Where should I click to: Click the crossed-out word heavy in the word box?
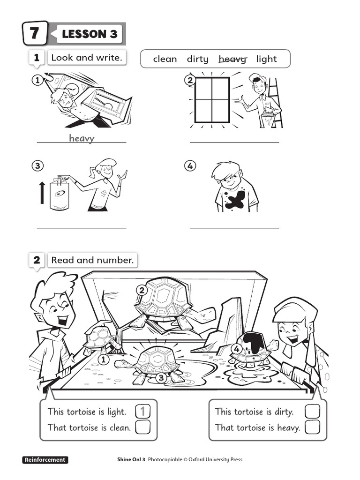(x=232, y=59)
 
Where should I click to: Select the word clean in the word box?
(x=165, y=59)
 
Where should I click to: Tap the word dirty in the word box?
(x=197, y=59)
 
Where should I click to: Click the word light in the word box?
(x=266, y=59)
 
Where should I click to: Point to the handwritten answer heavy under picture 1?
(x=82, y=138)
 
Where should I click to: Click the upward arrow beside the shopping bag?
(x=42, y=193)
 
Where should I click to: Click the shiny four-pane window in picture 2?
(x=212, y=100)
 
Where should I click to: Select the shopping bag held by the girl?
(x=60, y=195)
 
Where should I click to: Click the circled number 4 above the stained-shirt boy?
(x=189, y=166)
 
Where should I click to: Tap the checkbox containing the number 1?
(x=143, y=412)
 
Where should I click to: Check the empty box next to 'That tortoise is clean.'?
(x=143, y=427)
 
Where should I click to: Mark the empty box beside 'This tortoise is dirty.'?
(x=312, y=412)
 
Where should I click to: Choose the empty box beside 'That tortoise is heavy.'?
(x=312, y=427)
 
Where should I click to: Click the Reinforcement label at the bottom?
(x=45, y=460)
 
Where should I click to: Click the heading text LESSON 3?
(x=90, y=34)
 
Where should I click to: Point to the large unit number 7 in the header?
(x=35, y=34)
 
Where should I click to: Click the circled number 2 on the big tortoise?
(x=141, y=290)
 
